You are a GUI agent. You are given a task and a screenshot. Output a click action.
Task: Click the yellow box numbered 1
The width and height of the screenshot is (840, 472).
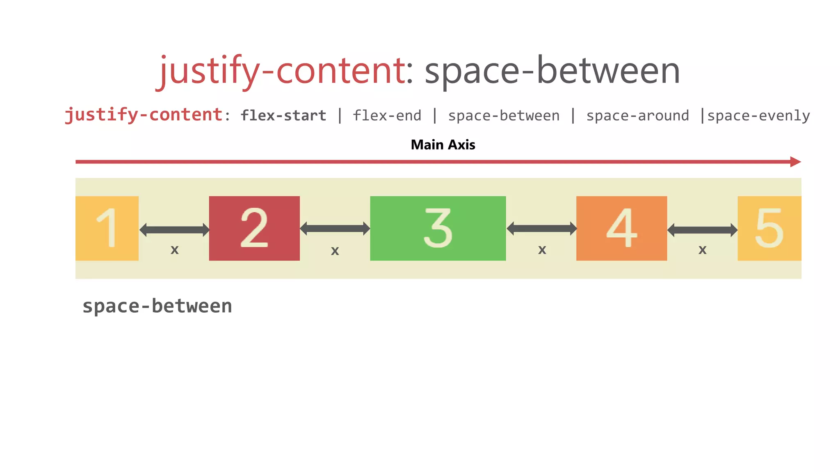click(107, 228)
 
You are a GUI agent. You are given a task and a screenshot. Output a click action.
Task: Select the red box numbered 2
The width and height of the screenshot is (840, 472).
click(254, 228)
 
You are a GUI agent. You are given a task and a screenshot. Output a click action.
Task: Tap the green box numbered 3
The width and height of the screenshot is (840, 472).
click(438, 228)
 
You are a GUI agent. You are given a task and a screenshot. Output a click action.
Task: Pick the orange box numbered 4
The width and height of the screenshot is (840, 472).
click(621, 228)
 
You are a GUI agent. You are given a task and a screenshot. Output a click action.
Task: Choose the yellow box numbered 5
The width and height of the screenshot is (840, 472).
click(769, 228)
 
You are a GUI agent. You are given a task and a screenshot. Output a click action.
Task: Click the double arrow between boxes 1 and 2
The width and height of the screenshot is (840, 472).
click(174, 230)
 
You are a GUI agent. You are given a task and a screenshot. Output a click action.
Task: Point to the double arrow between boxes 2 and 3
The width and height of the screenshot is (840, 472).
click(335, 229)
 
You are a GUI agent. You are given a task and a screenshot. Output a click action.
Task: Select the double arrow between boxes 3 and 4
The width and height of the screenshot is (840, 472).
click(541, 229)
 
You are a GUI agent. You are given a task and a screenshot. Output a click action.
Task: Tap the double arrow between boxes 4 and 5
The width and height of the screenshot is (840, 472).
click(702, 230)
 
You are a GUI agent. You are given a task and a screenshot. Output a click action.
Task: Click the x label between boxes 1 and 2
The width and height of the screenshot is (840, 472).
click(175, 250)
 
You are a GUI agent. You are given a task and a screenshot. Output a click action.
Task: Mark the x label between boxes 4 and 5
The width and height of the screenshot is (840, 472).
click(703, 250)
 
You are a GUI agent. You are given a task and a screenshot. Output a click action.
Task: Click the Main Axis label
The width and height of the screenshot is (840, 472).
click(443, 145)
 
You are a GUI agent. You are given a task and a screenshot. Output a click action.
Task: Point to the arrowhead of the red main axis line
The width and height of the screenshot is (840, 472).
click(795, 162)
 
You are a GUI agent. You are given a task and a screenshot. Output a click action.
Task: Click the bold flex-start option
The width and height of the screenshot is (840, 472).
click(283, 116)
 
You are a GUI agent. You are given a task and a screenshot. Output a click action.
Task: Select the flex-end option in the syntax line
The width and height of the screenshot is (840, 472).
click(387, 116)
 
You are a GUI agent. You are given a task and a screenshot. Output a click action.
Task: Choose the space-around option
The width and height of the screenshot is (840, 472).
click(637, 116)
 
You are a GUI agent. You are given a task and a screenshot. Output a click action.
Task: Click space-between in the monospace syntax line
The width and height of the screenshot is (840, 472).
click(504, 116)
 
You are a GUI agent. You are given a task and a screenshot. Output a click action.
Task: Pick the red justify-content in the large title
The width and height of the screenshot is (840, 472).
click(282, 70)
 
